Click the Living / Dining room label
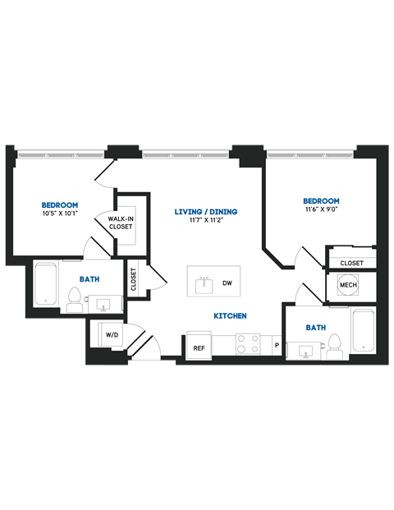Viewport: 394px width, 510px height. pos(206,212)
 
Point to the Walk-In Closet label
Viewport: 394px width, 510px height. pos(120,222)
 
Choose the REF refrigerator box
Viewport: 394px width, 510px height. pos(199,347)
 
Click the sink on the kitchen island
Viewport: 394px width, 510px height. pos(204,284)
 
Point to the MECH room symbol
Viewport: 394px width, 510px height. pos(347,286)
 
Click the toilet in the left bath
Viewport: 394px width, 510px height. pos(74,298)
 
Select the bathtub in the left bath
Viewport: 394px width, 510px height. pos(46,284)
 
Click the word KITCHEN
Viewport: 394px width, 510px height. pos(231,316)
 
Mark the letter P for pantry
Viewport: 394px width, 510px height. pos(277,346)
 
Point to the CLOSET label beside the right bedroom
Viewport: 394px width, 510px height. pos(351,263)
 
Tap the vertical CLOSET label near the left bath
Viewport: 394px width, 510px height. pos(134,279)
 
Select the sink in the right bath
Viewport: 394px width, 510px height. pos(305,351)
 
